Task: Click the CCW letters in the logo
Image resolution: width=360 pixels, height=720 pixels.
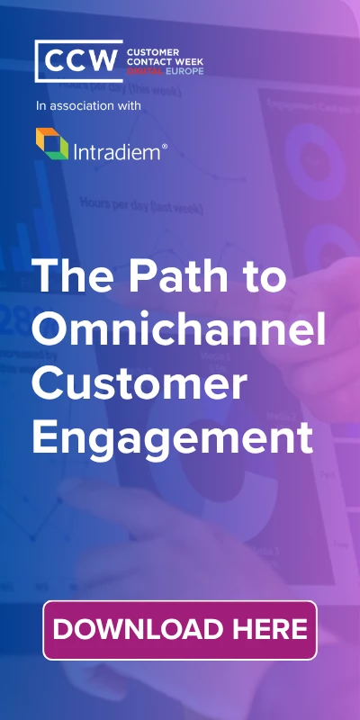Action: [78, 62]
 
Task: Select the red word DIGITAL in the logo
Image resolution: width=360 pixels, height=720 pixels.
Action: [145, 71]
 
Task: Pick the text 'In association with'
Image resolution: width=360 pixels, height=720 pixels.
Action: [88, 106]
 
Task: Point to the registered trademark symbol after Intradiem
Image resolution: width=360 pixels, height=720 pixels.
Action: [164, 143]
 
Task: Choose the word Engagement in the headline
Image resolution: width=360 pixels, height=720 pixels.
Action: [173, 440]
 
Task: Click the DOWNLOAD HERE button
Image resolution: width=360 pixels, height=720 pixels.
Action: [180, 630]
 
